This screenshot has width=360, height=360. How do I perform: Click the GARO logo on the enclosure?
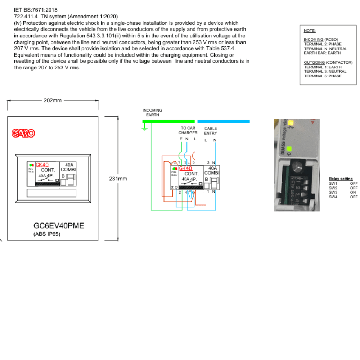[x=23, y=134]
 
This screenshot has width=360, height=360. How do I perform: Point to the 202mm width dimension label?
[x=53, y=100]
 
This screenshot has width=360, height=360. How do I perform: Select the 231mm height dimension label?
[x=118, y=179]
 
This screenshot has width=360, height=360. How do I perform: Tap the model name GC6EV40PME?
[x=59, y=226]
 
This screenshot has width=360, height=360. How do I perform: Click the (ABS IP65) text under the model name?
[x=47, y=234]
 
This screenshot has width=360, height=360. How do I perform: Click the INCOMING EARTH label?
[x=152, y=113]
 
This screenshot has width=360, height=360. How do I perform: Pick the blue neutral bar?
[x=223, y=122]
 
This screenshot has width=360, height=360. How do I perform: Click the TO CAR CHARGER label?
[x=188, y=130]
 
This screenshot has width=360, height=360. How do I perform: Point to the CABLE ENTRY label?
[x=211, y=131]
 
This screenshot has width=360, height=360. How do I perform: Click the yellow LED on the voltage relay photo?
[x=291, y=123]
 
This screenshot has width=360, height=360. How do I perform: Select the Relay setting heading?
[x=341, y=179]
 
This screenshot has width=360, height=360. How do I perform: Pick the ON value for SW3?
[x=354, y=192]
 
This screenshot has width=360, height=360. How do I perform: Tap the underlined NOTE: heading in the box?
[x=310, y=31]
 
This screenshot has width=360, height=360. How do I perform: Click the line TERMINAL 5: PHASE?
[x=323, y=76]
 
